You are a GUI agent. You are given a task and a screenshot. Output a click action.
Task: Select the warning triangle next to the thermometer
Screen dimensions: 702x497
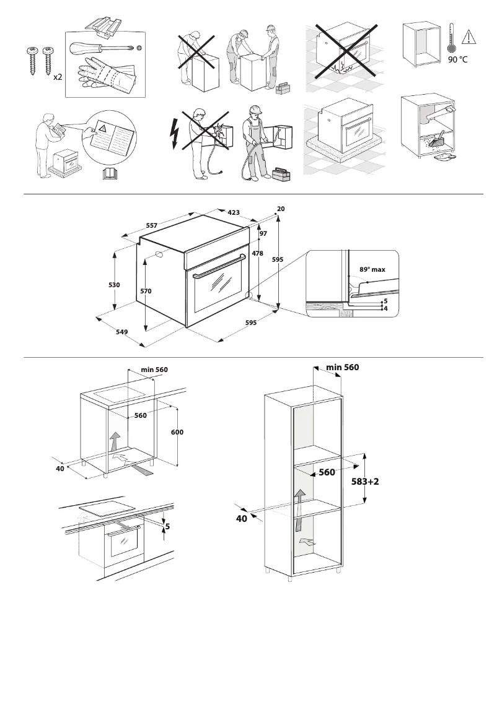(469, 35)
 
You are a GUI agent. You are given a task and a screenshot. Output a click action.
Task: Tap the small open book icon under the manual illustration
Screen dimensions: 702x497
(110, 174)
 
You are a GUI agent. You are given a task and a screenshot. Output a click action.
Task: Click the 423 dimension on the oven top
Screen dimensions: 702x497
(234, 212)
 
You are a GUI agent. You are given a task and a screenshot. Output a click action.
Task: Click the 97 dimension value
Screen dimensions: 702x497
(263, 233)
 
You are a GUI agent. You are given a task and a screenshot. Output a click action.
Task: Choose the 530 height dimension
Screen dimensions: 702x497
(115, 285)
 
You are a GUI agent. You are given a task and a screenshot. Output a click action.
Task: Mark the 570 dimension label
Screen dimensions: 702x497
(146, 290)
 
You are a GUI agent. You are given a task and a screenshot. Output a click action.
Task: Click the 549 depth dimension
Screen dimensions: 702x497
(121, 332)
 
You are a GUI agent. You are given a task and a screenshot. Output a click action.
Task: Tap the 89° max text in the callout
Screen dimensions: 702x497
(372, 270)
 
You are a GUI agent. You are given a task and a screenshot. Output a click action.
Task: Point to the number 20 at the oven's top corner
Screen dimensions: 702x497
(281, 209)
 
